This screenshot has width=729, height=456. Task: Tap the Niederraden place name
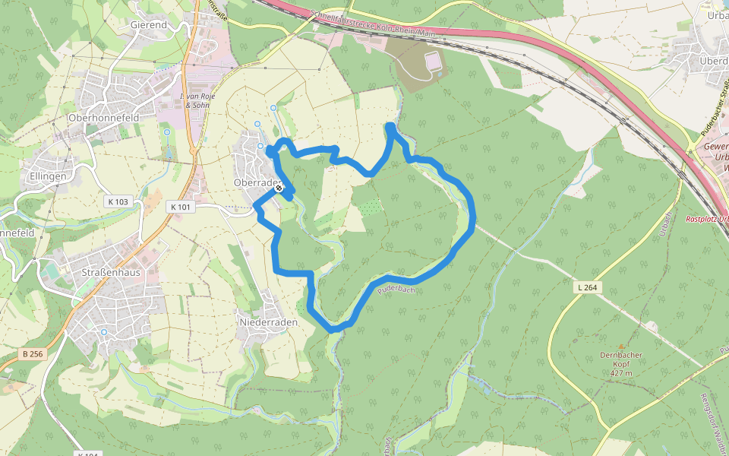tap(267, 322)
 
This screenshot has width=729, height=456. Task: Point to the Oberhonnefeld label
tap(102, 118)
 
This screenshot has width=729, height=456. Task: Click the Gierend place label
tap(148, 24)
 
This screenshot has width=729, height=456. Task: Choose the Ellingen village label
tap(49, 176)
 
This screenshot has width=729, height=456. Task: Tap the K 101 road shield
tap(180, 207)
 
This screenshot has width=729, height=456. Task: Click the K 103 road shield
tap(118, 201)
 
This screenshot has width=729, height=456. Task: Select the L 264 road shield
tap(589, 287)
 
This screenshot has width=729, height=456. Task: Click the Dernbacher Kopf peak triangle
tap(622, 346)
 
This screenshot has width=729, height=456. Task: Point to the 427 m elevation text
tap(622, 373)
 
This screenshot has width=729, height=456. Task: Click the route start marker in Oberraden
tap(279, 188)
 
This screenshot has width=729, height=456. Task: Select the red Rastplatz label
tap(706, 219)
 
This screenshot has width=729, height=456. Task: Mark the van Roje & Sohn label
tap(197, 101)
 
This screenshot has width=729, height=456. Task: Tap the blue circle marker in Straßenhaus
tap(104, 332)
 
